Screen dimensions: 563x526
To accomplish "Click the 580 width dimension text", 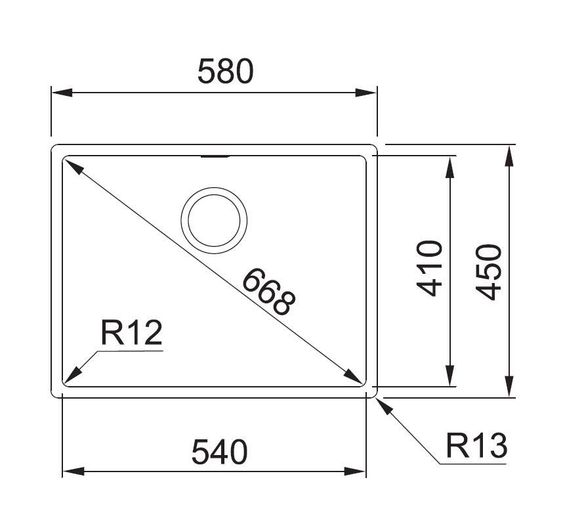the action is tap(226, 72).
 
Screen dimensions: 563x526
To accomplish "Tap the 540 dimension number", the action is tap(220, 452).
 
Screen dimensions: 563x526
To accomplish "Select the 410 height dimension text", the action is tap(429, 269).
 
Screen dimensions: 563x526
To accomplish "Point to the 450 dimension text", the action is tap(488, 272).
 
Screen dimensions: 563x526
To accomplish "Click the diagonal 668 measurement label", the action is tap(269, 292).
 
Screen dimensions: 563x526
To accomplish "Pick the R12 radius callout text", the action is tap(131, 333).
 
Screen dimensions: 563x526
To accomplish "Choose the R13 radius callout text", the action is tap(476, 446).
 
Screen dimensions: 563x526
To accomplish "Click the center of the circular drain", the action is tap(214, 220).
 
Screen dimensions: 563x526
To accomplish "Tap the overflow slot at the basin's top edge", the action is tap(215, 157).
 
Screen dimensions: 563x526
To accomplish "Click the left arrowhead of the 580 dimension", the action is tap(62, 93).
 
